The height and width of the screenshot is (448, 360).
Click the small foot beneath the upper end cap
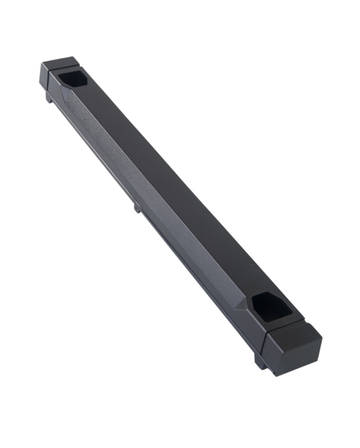(49, 98)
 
